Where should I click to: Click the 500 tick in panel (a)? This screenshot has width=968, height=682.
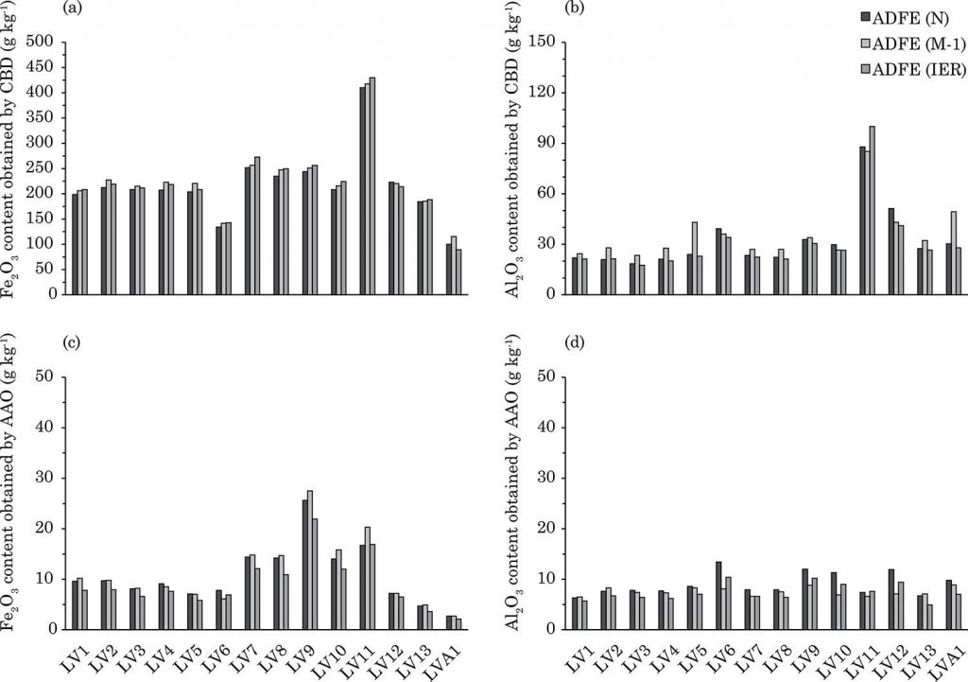41,42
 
